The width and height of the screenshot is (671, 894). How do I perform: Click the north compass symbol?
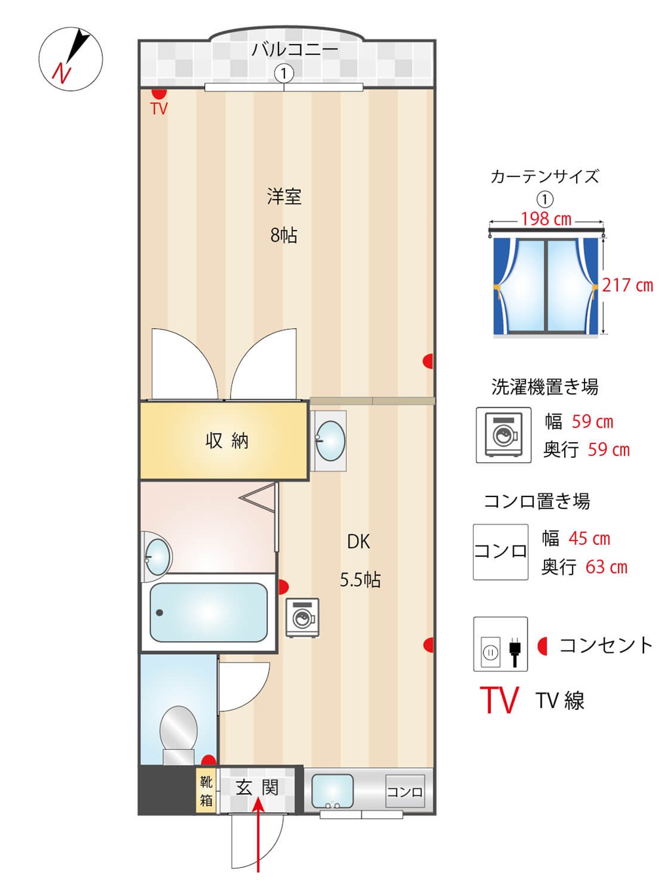(71, 59)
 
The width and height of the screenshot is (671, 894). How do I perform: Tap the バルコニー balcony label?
(295, 50)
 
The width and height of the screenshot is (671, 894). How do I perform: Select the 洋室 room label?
(284, 196)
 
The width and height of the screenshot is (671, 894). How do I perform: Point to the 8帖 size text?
(284, 235)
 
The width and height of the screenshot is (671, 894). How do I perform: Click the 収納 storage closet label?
(227, 441)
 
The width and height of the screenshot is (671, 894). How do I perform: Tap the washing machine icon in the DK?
(302, 617)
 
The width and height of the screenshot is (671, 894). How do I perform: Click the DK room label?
(358, 542)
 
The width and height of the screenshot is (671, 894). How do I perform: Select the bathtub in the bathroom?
(208, 612)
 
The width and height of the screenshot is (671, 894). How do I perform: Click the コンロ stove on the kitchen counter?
(405, 791)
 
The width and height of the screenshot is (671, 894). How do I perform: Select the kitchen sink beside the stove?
(332, 791)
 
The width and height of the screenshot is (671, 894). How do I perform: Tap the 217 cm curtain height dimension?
(627, 285)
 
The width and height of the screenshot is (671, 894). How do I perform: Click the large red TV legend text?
(499, 699)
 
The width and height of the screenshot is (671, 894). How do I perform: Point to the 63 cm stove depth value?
(606, 567)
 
